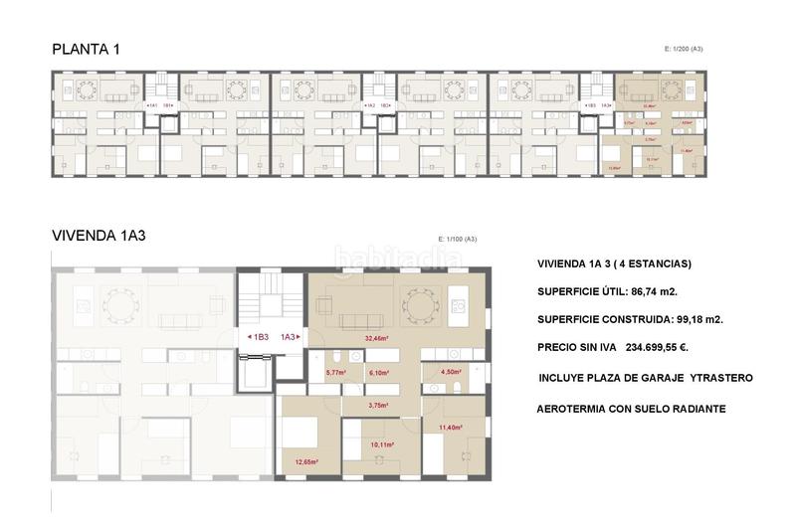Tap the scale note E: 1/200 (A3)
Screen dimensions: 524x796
(683, 48)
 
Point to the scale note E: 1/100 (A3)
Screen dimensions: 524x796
(458, 239)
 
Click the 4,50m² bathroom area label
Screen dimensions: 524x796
(451, 373)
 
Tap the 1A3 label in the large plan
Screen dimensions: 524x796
(289, 337)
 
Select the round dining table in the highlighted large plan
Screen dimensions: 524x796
(419, 300)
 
